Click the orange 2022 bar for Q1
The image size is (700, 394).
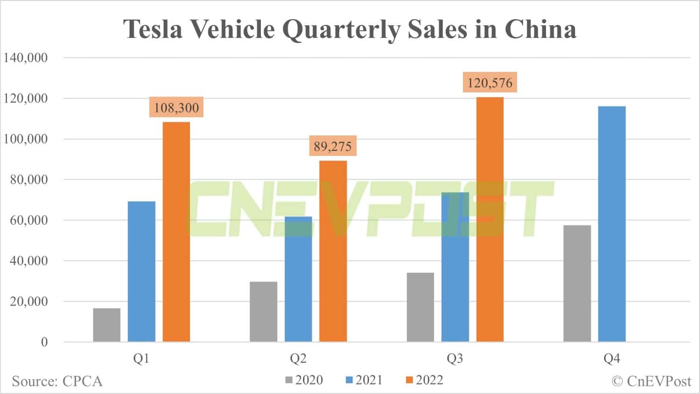pos(176,232)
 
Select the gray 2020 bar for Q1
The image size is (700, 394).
pos(107,325)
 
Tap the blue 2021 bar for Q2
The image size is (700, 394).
pos(298,279)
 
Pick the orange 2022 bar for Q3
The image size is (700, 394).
pos(490,219)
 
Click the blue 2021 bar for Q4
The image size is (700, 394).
pos(612,224)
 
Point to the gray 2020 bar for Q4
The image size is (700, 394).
pos(577,283)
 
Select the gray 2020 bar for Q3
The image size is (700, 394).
pos(420,307)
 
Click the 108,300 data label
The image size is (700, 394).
pos(176,108)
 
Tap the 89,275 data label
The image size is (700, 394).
pos(332,147)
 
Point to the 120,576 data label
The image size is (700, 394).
pos(490,83)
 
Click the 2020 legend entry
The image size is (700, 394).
pos(304,380)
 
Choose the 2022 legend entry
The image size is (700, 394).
pos(424,380)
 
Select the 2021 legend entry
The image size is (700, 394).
pos(364,380)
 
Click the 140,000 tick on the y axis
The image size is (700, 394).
pos(26,58)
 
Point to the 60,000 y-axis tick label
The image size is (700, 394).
pos(28,220)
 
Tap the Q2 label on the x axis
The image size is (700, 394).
pos(298,359)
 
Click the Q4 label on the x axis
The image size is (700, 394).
pos(612,359)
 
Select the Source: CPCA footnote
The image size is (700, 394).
pos(57,381)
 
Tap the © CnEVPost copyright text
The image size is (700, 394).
pos(651,381)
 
